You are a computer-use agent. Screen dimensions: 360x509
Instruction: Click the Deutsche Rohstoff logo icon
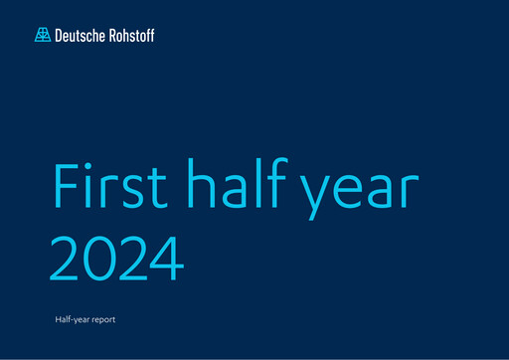coord(42,35)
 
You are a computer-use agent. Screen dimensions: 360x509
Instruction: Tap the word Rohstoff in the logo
coord(129,35)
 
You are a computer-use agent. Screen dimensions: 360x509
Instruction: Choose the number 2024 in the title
coord(117,256)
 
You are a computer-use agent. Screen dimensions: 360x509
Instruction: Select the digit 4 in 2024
coord(168,256)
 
